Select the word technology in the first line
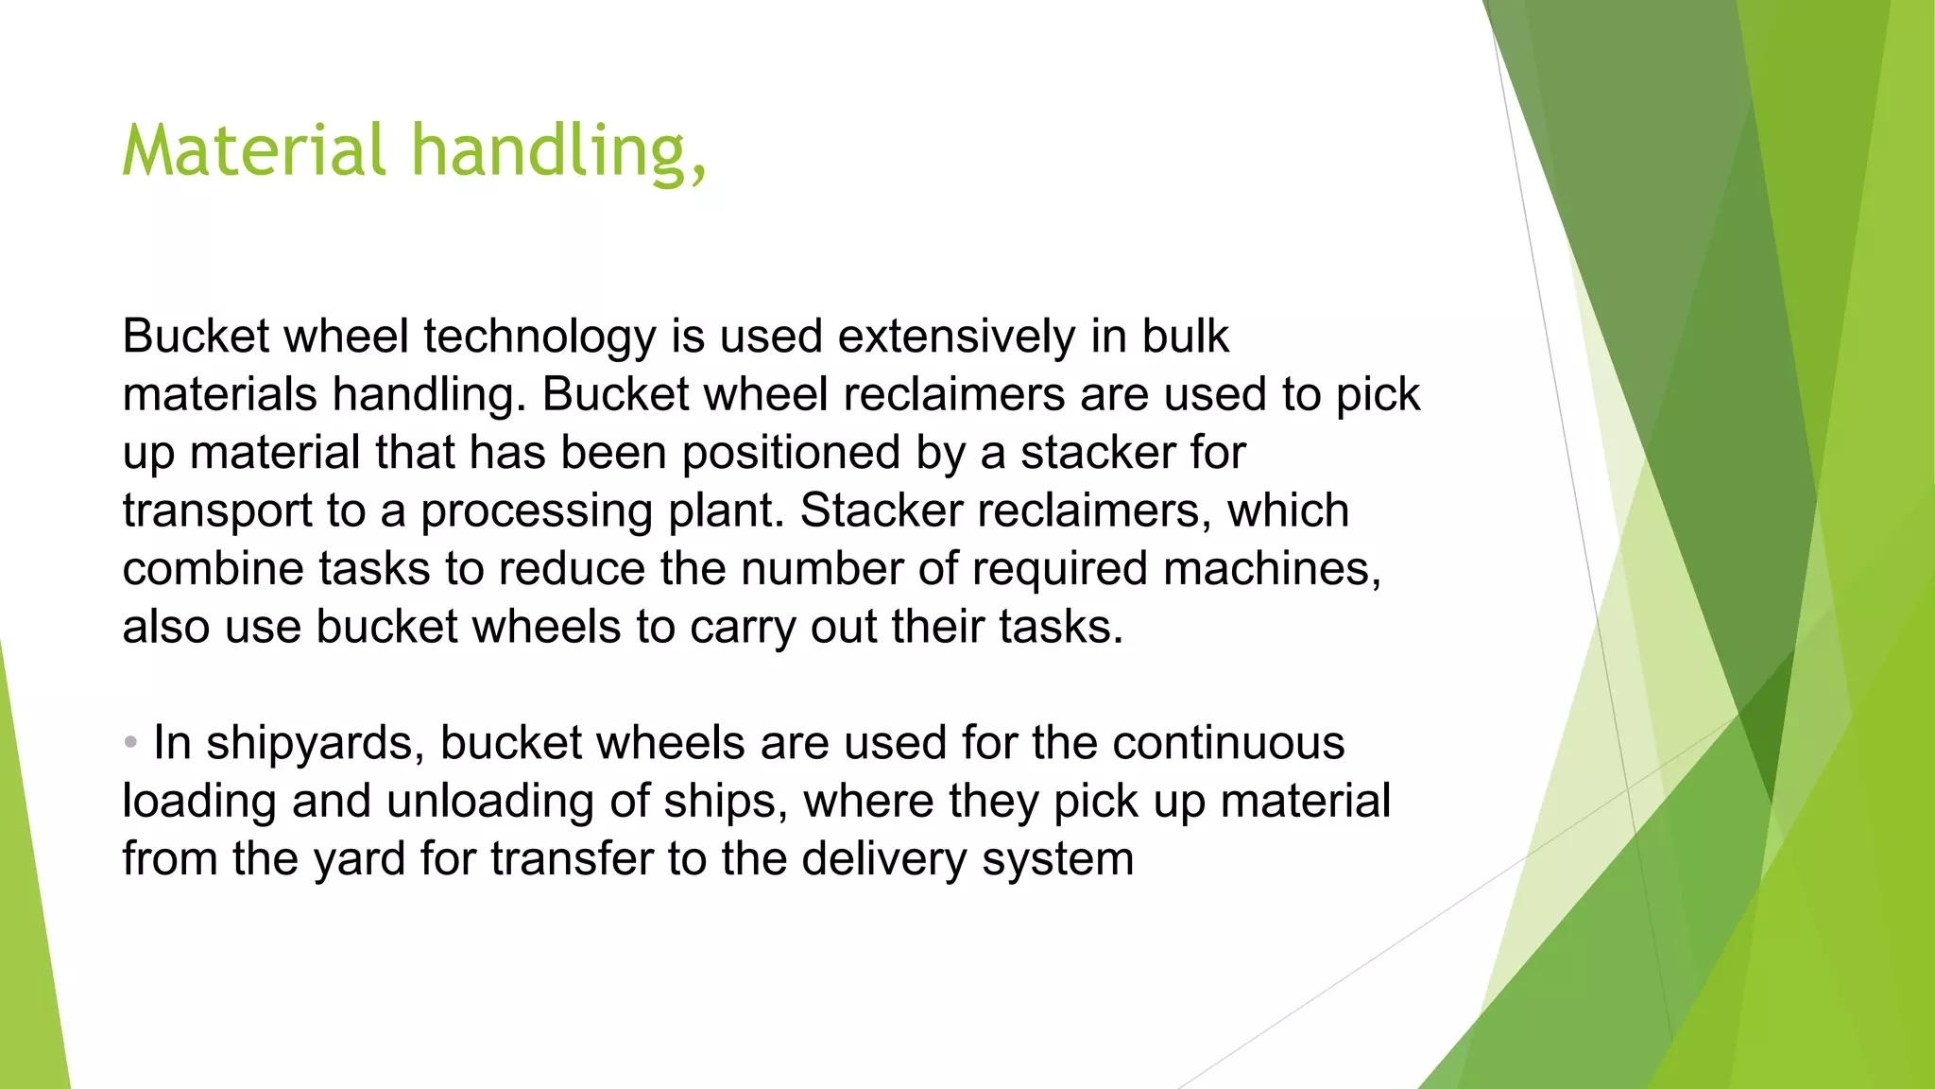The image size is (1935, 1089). click(539, 337)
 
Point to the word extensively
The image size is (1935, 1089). click(955, 337)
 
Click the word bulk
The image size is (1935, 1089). click(1185, 337)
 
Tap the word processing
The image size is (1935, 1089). click(536, 511)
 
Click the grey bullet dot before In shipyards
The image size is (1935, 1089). click(130, 741)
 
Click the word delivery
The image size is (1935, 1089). click(884, 859)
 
